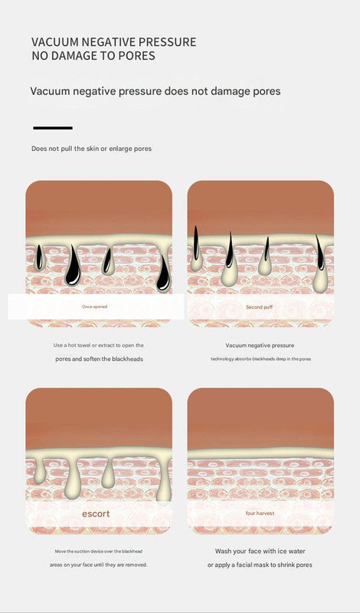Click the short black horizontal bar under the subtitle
(x=53, y=128)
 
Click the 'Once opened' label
(x=94, y=307)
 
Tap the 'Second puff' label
(x=260, y=307)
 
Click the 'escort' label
(x=96, y=513)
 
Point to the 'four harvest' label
(x=260, y=513)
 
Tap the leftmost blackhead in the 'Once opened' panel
(x=39, y=258)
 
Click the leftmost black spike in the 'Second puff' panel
(x=196, y=244)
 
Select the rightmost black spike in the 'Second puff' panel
(x=320, y=254)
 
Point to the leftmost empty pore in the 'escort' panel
(x=39, y=471)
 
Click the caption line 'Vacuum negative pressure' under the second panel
(x=260, y=346)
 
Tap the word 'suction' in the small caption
(x=84, y=551)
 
